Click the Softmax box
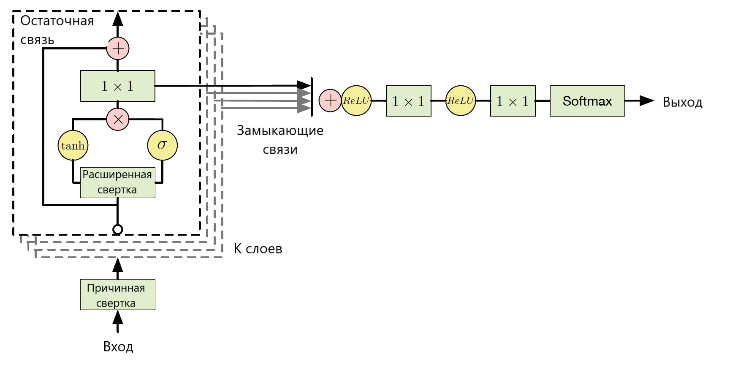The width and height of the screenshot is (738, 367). [x=587, y=101]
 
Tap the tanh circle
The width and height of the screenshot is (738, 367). [x=73, y=145]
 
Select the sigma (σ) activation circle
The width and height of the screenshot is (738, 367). [x=163, y=145]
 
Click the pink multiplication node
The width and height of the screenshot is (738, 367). [x=118, y=119]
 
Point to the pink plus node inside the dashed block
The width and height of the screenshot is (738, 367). [x=118, y=48]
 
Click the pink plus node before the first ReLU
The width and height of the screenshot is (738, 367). [x=330, y=101]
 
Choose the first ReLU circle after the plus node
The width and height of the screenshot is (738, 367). [x=356, y=101]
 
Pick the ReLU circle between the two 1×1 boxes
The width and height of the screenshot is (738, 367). [x=461, y=101]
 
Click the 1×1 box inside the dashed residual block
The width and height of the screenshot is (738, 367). [x=118, y=86]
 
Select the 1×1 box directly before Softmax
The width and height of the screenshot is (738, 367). [x=513, y=101]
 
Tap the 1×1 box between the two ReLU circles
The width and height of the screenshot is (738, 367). [x=409, y=101]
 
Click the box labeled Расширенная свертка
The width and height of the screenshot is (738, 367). [x=118, y=182]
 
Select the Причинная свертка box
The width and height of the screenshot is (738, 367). [x=118, y=294]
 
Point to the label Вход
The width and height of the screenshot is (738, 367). [x=118, y=347]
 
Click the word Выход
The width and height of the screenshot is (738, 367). [x=683, y=102]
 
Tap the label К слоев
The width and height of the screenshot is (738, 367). [x=258, y=249]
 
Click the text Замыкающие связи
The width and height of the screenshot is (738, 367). [x=280, y=140]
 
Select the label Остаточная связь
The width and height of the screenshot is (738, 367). [x=57, y=30]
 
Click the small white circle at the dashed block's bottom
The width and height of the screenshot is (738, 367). [x=118, y=229]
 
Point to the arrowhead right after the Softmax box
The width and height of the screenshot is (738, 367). [x=647, y=101]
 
